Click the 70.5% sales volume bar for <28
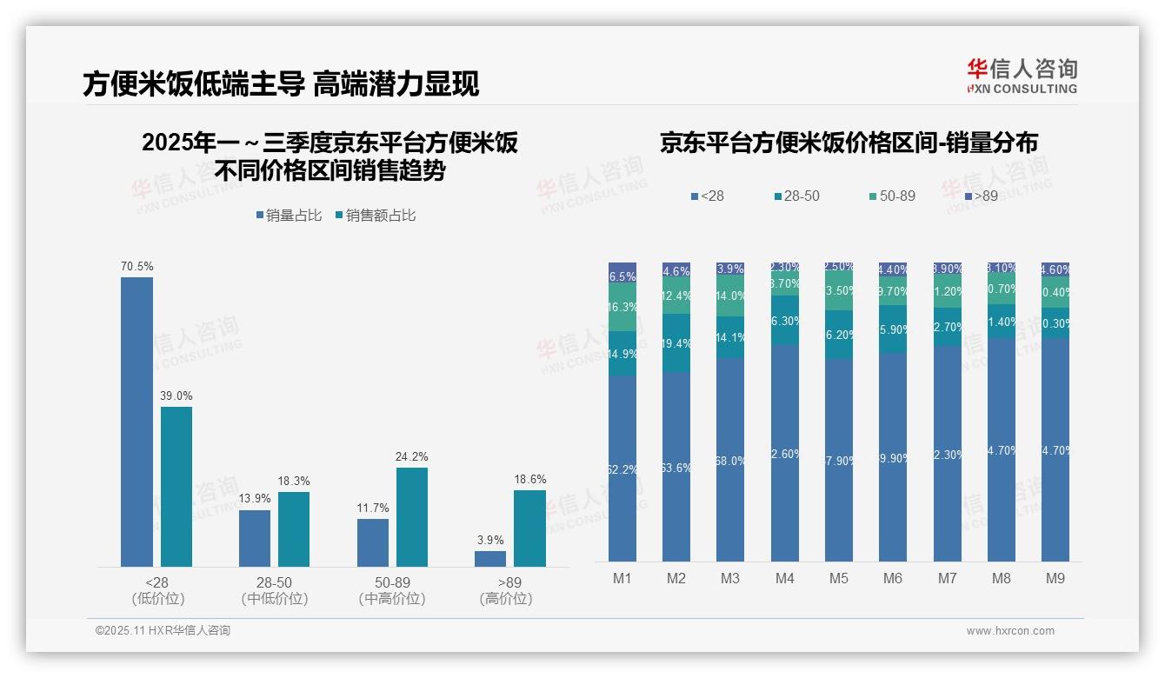click(136, 422)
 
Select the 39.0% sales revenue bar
click(176, 487)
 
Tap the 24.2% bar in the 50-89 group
click(412, 517)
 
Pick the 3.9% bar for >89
click(490, 559)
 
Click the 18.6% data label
click(529, 479)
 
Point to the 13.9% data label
click(254, 499)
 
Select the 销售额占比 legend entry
click(376, 215)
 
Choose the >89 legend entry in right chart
click(980, 196)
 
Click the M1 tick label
click(622, 578)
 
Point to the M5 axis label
click(838, 578)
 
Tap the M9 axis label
click(1055, 578)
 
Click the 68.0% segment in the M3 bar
click(730, 460)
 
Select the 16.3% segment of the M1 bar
click(622, 308)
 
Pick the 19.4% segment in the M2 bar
click(676, 343)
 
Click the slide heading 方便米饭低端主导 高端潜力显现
click(281, 83)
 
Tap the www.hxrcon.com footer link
click(1010, 631)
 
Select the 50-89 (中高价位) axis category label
click(392, 590)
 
